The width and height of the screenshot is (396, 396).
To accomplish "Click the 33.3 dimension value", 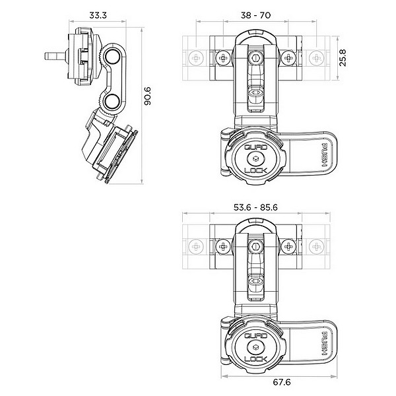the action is pos(98,15).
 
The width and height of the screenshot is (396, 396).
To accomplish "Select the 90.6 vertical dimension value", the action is pos(147,96).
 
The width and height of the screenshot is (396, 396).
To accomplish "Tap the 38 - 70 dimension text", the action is pos(255,15).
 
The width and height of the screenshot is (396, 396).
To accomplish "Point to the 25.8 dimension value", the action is pos(343,58).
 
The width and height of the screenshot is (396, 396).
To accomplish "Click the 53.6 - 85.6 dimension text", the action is pos(255,207).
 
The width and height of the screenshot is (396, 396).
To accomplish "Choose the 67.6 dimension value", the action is pos(282,382).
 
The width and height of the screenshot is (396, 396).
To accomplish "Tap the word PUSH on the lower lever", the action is pos(325,344).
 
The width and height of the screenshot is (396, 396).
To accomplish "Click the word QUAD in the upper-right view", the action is pos(255,147).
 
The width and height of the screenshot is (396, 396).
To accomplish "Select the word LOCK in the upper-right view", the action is pos(255,170).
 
